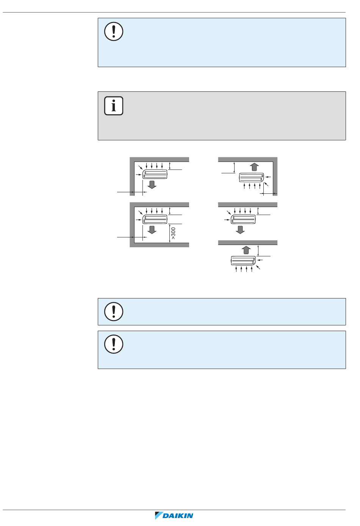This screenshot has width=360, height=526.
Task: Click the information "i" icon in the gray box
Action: point(114,106)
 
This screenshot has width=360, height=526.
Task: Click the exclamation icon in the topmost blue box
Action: point(114,31)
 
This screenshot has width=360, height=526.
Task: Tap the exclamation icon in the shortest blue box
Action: point(114,312)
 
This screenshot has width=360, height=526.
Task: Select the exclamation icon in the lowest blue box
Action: point(114,344)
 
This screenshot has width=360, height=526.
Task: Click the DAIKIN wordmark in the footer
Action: point(178,516)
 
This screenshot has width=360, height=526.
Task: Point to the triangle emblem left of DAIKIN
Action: point(158,515)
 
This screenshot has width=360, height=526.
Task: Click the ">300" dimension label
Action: point(173,233)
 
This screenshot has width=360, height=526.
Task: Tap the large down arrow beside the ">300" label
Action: point(152,230)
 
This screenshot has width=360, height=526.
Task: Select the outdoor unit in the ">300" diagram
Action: point(155,219)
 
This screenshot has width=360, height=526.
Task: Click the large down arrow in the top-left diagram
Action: point(152,185)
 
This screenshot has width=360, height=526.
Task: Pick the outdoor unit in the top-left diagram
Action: point(155,174)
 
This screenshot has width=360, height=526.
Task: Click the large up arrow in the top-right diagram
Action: point(254,167)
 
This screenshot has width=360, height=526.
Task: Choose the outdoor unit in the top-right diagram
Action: point(252,177)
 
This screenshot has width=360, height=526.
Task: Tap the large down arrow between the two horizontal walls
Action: point(240,230)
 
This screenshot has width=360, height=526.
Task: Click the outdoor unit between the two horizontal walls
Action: point(243,219)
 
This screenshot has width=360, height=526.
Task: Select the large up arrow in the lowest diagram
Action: point(246,250)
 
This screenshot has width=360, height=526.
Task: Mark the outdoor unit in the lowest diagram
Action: point(243,261)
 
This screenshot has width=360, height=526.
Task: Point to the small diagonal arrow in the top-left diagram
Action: point(141,167)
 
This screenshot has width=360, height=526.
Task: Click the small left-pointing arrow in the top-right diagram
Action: point(268,177)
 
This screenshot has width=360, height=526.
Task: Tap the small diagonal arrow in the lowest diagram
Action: point(258,267)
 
